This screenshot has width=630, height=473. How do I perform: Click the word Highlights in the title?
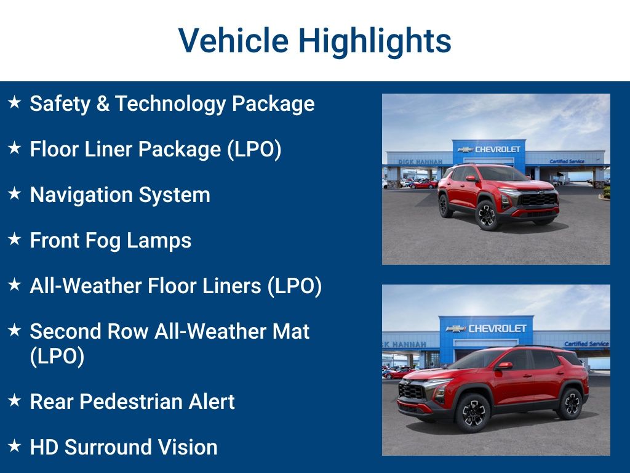pos(375,41)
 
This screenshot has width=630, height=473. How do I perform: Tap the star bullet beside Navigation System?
pos(15,194)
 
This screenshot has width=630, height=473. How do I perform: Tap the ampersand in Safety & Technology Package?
pos(101,103)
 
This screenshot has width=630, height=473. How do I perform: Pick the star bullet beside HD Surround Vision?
pos(15,447)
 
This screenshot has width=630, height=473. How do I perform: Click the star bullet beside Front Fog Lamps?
pos(15,240)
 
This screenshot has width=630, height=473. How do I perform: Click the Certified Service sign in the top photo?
pos(568,161)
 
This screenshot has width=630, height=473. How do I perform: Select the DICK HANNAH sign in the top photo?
pos(420,161)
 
